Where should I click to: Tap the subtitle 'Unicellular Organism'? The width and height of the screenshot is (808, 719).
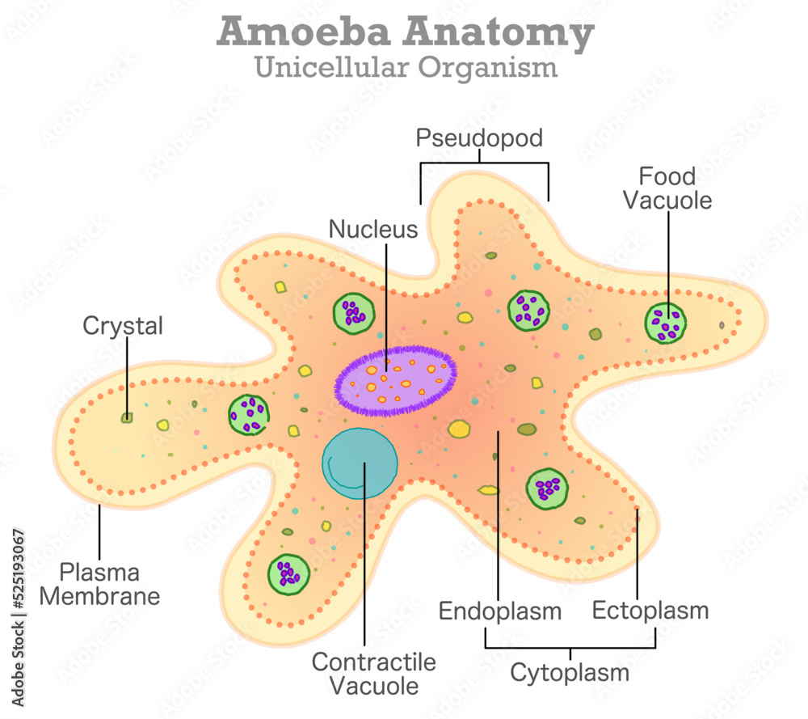pyautogui.click(x=406, y=66)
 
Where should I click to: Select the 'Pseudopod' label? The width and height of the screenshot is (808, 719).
pyautogui.click(x=479, y=137)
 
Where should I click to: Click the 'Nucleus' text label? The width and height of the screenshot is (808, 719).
pyautogui.click(x=373, y=229)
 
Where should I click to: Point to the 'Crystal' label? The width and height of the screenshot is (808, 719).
pyautogui.click(x=123, y=326)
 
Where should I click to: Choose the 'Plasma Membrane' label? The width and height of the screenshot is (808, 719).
pyautogui.click(x=100, y=584)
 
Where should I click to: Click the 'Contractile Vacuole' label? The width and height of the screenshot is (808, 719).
pyautogui.click(x=373, y=674)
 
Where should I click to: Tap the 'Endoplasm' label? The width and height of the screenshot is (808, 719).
pyautogui.click(x=499, y=611)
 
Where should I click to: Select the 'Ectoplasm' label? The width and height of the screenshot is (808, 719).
pyautogui.click(x=650, y=610)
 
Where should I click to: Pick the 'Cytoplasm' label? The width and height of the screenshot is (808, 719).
pyautogui.click(x=569, y=672)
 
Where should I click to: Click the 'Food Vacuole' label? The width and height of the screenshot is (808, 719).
pyautogui.click(x=667, y=188)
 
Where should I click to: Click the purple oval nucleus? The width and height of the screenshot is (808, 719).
pyautogui.click(x=396, y=380)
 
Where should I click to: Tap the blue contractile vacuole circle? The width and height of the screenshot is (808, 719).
pyautogui.click(x=360, y=463)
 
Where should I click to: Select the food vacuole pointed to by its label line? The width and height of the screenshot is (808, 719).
pyautogui.click(x=666, y=324)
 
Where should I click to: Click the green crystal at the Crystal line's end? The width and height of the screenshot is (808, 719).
pyautogui.click(x=127, y=417)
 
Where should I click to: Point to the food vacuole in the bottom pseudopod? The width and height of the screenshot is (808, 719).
pyautogui.click(x=288, y=573)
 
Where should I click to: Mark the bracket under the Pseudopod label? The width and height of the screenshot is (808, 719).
pyautogui.click(x=484, y=163)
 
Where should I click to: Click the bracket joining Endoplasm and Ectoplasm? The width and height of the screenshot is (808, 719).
pyautogui.click(x=570, y=648)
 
